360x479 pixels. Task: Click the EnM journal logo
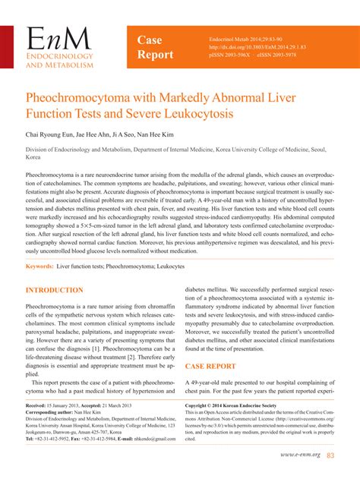59,47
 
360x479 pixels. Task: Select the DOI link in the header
245,46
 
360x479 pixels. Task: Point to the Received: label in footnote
39,406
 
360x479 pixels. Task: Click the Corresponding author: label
53,412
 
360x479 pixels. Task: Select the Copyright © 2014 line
235,406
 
